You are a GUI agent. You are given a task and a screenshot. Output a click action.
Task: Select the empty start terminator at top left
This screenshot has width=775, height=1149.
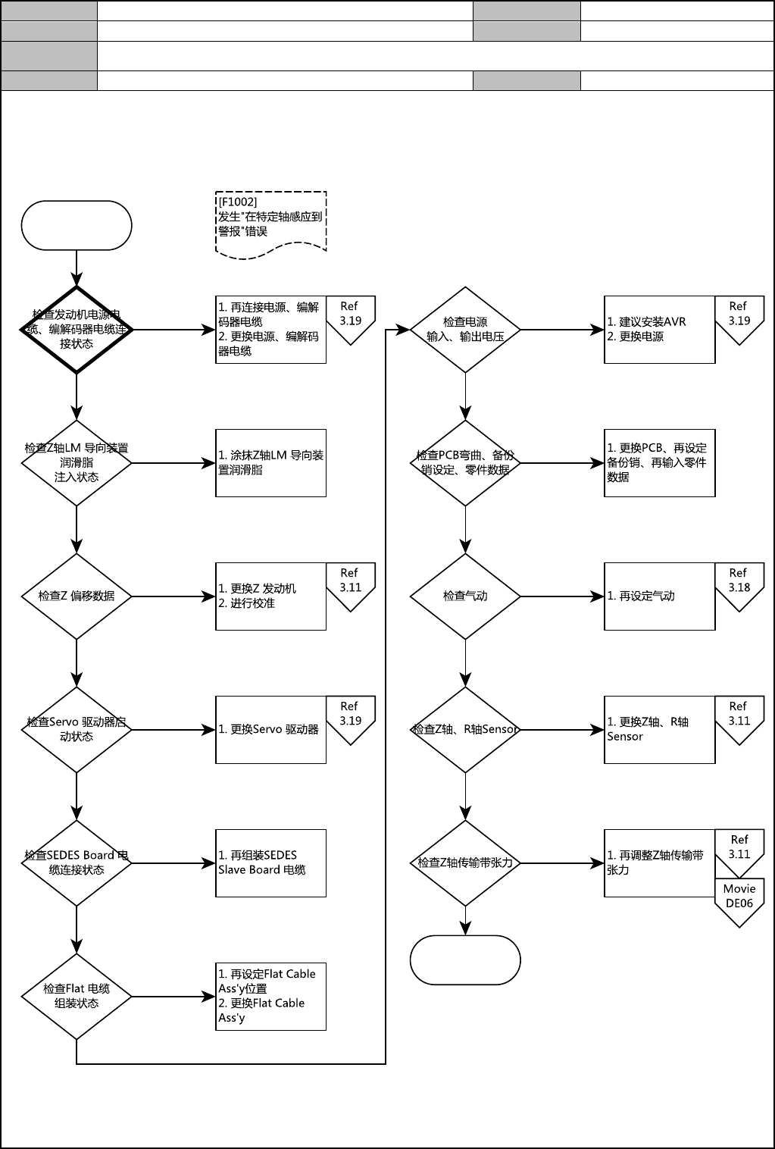click(x=77, y=225)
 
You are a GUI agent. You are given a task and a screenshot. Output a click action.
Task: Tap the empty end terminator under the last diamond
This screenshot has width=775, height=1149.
click(x=465, y=960)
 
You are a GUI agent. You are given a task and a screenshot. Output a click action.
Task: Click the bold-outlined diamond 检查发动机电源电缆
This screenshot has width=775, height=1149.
click(x=77, y=330)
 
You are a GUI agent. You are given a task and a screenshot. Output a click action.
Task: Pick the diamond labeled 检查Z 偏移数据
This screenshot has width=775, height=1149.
click(x=77, y=596)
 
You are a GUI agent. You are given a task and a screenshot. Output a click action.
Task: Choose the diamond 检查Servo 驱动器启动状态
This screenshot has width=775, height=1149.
click(x=77, y=730)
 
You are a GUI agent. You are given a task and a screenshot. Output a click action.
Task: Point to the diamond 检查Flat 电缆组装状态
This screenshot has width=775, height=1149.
click(x=77, y=997)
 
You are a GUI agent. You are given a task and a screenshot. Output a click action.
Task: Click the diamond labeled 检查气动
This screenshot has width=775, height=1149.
click(x=465, y=596)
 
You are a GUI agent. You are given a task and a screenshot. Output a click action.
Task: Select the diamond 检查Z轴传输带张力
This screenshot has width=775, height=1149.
click(x=465, y=863)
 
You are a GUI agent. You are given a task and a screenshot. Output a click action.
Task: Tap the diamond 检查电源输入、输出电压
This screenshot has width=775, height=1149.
click(x=465, y=330)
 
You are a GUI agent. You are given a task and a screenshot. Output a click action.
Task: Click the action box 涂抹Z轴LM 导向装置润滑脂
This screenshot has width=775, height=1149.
click(x=270, y=463)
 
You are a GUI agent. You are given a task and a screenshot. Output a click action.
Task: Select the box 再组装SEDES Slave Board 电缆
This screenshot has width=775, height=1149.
click(x=270, y=863)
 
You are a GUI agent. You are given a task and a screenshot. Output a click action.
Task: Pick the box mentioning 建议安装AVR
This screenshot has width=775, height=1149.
click(x=659, y=330)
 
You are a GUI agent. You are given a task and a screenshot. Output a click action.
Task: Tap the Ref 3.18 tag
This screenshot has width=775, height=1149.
click(x=739, y=584)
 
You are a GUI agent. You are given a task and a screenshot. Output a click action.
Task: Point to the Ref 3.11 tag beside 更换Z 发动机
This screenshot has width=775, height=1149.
click(x=350, y=584)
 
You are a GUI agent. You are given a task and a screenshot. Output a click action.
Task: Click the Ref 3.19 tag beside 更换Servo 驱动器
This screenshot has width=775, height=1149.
click(x=350, y=717)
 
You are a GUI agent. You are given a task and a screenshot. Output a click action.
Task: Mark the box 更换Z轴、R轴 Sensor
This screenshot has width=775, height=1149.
click(x=659, y=730)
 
